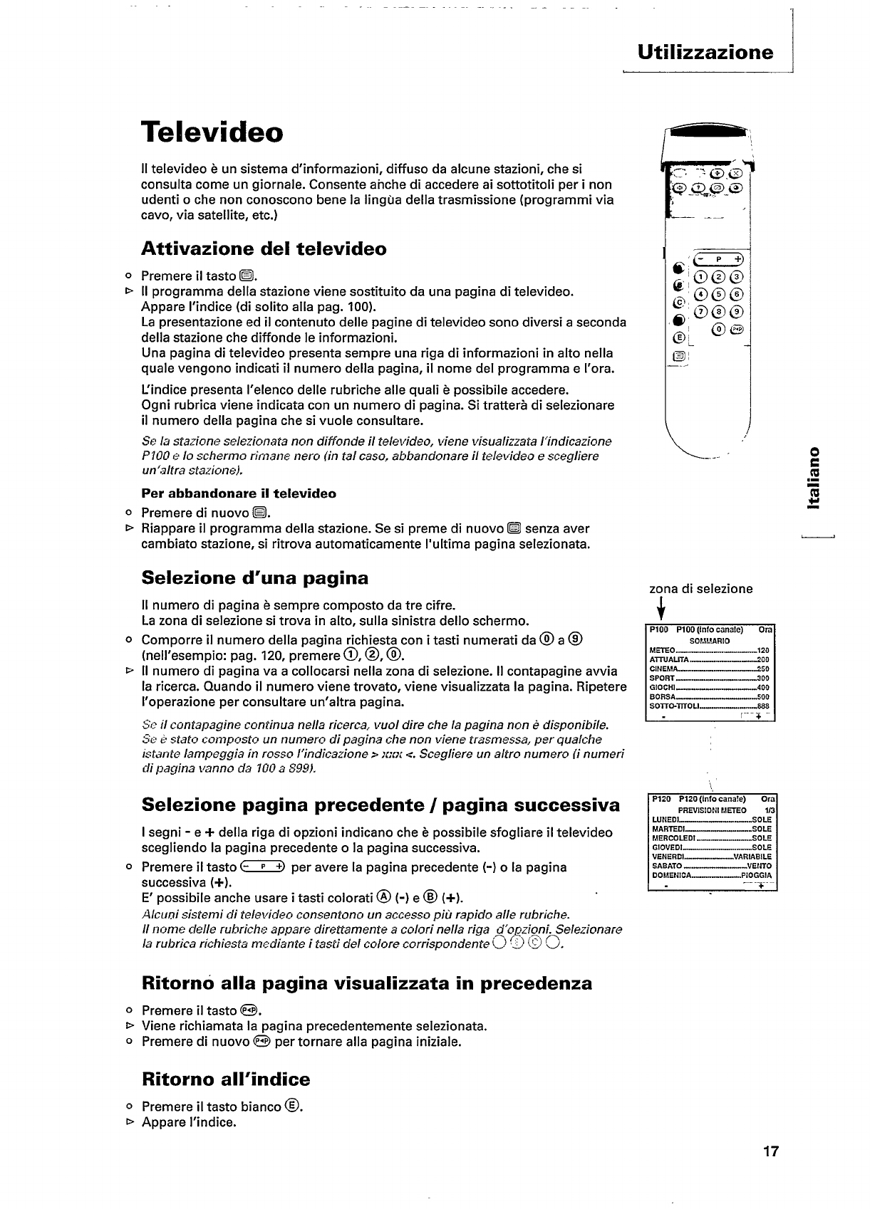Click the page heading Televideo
(x=212, y=132)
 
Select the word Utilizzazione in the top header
(x=705, y=52)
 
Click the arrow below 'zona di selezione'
(x=661, y=610)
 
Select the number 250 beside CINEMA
(x=763, y=669)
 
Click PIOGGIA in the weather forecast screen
(x=756, y=875)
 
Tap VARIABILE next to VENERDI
(x=752, y=857)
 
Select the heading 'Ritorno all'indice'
(x=226, y=1079)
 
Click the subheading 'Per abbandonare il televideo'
(x=239, y=493)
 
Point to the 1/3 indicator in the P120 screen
(x=770, y=810)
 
